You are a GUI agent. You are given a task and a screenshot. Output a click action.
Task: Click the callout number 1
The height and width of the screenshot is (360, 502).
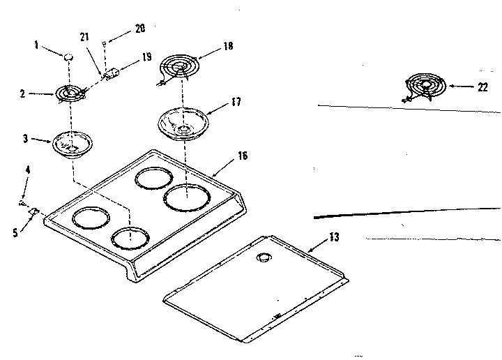tap(36, 47)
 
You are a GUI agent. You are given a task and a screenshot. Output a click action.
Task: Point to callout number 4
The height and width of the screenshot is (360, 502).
tap(28, 170)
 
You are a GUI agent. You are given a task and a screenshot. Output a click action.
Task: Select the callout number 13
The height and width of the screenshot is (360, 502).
tap(334, 238)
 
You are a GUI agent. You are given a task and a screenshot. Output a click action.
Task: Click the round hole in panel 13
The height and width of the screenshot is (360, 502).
tap(263, 259)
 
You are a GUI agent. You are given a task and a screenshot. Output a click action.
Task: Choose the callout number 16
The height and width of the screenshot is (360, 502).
tap(242, 156)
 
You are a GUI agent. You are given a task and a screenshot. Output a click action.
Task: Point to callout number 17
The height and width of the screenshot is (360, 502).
tap(236, 102)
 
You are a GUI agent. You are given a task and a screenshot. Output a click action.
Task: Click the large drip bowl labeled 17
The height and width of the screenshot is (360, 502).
tap(184, 122)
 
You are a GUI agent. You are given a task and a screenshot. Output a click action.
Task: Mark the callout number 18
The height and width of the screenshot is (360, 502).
tap(228, 46)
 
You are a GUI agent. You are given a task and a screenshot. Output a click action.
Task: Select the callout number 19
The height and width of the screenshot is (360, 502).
tap(147, 58)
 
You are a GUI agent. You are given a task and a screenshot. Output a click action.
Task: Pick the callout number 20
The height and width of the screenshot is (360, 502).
tap(139, 29)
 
